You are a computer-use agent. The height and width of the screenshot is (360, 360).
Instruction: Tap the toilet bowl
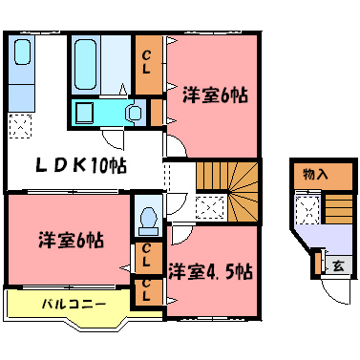click(x=147, y=220)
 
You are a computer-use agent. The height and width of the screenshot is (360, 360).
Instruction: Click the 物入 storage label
click(x=314, y=175)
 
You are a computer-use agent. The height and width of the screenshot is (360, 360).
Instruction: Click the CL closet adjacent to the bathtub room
click(x=147, y=64)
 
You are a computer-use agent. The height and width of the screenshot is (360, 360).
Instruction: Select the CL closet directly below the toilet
click(x=147, y=256)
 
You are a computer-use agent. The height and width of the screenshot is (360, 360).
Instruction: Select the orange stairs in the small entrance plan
click(x=335, y=206)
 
